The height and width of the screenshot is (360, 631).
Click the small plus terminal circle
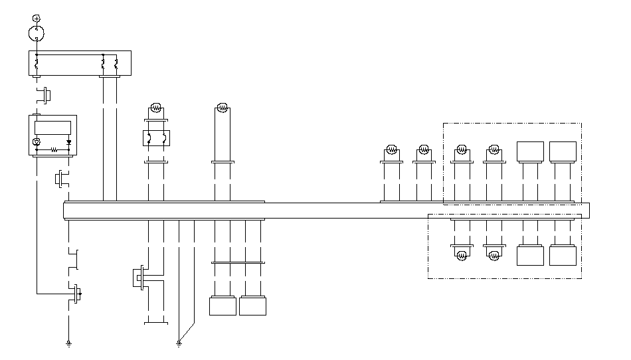tap(37, 17)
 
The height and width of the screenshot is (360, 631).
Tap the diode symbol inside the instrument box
tap(68, 141)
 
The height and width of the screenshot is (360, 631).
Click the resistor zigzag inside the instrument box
tap(53, 150)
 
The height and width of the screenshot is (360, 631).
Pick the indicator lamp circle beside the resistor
tap(37, 141)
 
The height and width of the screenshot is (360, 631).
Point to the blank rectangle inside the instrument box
tap(52, 127)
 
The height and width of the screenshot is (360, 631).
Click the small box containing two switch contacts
tap(156, 138)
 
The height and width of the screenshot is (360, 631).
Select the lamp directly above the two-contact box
tap(156, 107)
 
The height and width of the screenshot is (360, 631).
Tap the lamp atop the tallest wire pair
tap(223, 108)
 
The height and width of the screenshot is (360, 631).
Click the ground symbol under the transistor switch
tap(68, 343)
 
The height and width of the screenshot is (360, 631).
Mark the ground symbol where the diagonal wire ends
tap(179, 343)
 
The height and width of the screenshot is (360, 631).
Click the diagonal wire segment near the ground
tap(187, 332)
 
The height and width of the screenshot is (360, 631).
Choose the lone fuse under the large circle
tap(37, 65)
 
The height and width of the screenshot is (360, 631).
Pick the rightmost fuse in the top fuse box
tap(116, 65)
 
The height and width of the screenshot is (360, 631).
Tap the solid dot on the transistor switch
tap(81, 292)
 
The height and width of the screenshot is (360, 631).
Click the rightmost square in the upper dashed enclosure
tap(563, 151)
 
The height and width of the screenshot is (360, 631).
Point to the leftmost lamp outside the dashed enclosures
tap(392, 150)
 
